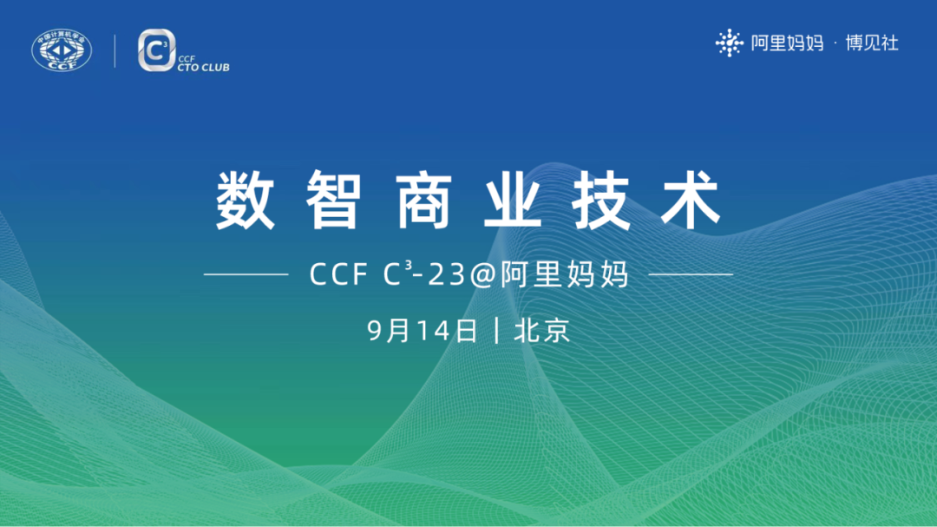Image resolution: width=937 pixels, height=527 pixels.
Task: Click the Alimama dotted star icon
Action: (730, 43)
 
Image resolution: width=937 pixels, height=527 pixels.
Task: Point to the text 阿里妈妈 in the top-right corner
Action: (787, 43)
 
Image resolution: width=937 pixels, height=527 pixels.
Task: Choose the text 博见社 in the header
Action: (872, 43)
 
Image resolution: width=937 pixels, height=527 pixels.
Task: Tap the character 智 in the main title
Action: (333, 201)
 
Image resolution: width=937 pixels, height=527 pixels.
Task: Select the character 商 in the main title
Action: (423, 201)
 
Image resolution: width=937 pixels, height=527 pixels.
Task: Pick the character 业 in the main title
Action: (514, 201)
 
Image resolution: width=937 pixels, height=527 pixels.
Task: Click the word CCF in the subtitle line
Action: (340, 275)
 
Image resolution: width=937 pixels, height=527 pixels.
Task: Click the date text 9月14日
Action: (423, 331)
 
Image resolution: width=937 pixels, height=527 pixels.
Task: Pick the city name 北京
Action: (542, 331)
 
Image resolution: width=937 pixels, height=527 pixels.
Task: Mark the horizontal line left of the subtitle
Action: (246, 274)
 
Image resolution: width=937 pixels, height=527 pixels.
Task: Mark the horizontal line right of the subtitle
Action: (691, 274)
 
